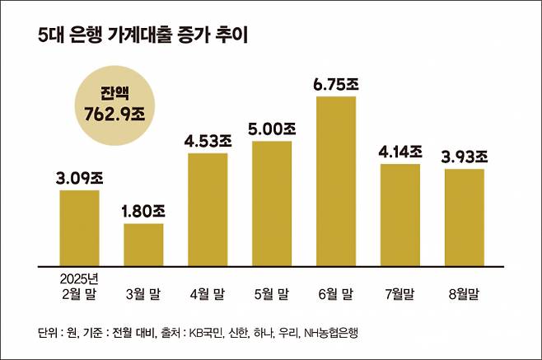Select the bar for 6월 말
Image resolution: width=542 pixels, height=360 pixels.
[x=336, y=181]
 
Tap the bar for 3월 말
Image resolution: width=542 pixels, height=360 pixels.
[x=144, y=245]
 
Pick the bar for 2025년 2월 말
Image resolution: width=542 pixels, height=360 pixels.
[x=80, y=228]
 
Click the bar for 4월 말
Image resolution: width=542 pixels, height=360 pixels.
[x=208, y=209]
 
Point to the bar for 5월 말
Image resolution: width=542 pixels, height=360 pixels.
[x=272, y=203]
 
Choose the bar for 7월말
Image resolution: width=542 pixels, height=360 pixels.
[x=400, y=215]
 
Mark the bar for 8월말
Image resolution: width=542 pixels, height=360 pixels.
[x=465, y=217]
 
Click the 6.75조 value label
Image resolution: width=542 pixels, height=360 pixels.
[x=336, y=84]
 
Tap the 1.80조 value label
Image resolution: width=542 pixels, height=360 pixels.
[x=144, y=211]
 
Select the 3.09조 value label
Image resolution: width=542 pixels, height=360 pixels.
[x=80, y=177]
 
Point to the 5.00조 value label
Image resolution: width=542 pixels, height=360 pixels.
[x=272, y=129]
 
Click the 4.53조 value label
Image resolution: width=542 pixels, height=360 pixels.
[x=208, y=140]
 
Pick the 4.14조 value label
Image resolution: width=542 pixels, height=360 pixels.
[x=400, y=151]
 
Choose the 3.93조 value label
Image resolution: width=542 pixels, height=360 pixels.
[x=465, y=156]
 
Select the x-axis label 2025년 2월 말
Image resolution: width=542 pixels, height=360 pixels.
[x=80, y=285]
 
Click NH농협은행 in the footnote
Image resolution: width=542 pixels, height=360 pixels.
[x=330, y=334]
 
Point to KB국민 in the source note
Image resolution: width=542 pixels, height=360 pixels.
[x=203, y=334]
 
